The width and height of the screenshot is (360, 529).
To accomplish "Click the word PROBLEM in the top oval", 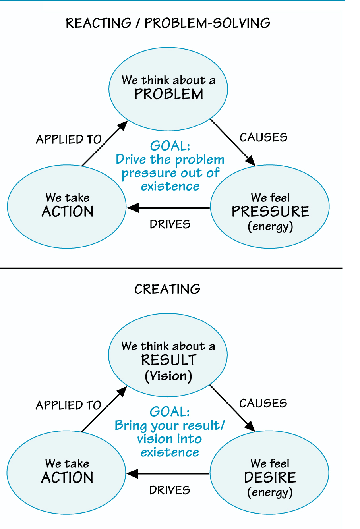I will [x=168, y=95].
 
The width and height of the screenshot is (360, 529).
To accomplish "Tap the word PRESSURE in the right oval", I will [x=270, y=212].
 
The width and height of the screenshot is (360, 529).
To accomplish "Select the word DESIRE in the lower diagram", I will [x=270, y=477].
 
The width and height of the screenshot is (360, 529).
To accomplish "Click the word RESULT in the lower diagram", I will [x=168, y=360].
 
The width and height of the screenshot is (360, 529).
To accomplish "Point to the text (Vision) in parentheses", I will [x=168, y=376].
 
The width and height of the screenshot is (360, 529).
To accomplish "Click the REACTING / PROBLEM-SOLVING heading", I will [x=168, y=23].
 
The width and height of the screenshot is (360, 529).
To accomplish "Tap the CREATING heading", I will [x=167, y=289].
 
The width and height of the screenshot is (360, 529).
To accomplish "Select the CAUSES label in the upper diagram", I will [x=263, y=137].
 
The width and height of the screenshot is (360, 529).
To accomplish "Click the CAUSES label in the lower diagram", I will [x=263, y=404].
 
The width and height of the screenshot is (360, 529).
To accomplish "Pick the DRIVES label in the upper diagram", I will [x=170, y=224].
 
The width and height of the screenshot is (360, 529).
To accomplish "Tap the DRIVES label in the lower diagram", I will [x=170, y=490].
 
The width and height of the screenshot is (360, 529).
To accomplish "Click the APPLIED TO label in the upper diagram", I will [x=69, y=139].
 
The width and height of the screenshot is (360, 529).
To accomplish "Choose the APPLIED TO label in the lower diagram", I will [x=68, y=405].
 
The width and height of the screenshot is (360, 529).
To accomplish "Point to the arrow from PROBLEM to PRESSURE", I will [x=232, y=142].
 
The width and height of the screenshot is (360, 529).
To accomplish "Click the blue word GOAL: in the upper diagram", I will [x=170, y=146].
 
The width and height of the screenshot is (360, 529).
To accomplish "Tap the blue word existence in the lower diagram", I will [x=170, y=452].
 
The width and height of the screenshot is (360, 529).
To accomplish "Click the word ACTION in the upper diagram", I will [x=68, y=212].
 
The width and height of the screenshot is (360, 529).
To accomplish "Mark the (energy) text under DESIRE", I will [x=270, y=492].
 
